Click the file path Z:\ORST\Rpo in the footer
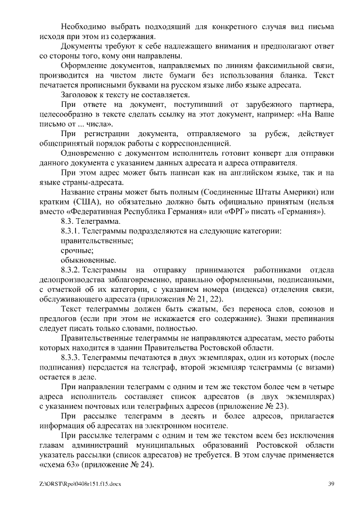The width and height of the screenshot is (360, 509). click(62, 484)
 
